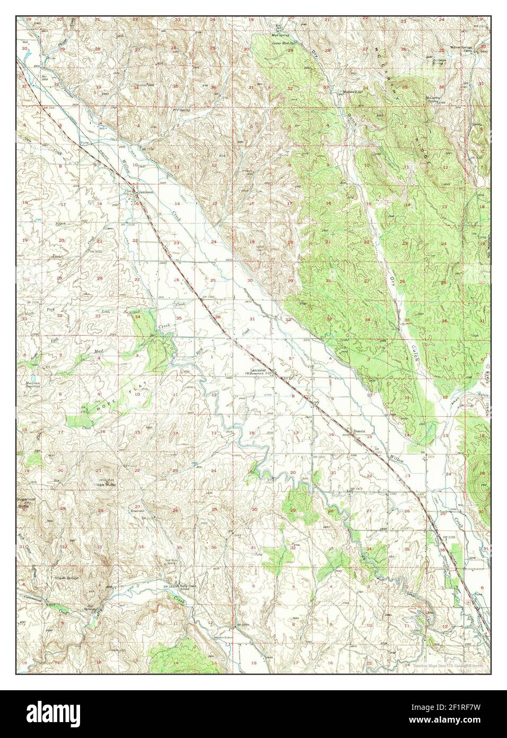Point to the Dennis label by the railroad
(360, 432)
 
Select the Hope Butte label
(104, 485)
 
